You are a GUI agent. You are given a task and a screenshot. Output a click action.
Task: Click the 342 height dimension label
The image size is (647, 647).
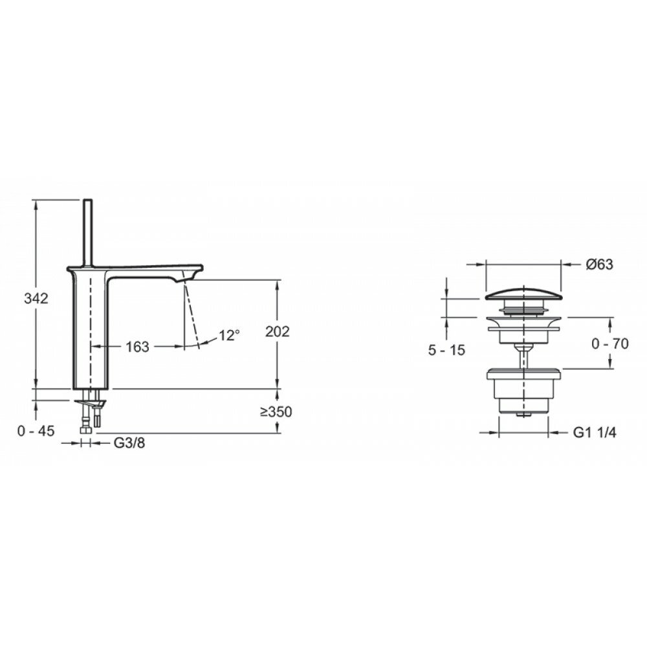coord(36,298)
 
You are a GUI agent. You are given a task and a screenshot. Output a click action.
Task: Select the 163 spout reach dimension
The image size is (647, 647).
coord(137,347)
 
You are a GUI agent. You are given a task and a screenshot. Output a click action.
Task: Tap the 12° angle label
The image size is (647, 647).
coord(230,335)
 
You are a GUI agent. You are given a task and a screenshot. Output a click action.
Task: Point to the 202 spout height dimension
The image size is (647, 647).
coord(278,331)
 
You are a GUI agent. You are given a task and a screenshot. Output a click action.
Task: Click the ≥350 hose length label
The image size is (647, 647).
coord(276,411)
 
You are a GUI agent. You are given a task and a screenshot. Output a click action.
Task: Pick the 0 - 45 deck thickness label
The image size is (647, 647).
coord(36,431)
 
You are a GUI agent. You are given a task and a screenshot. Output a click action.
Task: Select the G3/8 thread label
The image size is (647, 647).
coord(129,443)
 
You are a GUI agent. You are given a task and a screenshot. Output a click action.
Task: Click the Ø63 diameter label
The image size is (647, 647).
coord(600,264)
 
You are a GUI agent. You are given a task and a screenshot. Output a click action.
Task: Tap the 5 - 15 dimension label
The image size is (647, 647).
coord(446,350)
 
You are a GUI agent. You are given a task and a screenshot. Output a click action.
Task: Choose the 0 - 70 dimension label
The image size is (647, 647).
coord(610,344)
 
